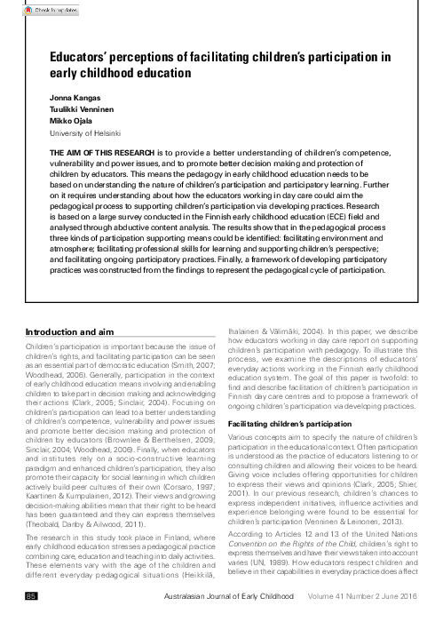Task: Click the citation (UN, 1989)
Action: [282, 563]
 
